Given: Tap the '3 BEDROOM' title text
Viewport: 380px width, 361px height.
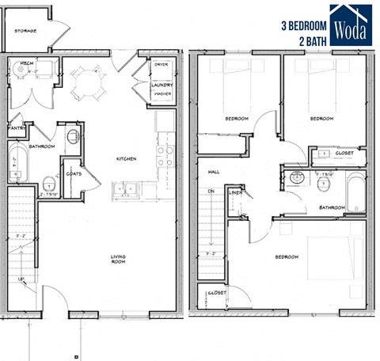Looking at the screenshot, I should pyautogui.click(x=304, y=25).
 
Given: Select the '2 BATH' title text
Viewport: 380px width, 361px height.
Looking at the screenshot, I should pyautogui.click(x=313, y=40).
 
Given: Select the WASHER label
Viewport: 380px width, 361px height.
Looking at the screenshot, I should pyautogui.click(x=163, y=92).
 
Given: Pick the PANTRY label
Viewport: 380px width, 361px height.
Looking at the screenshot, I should pyautogui.click(x=18, y=127).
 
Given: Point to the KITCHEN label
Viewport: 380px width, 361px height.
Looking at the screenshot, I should pyautogui.click(x=127, y=159).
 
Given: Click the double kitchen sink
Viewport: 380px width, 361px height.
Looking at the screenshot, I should pyautogui.click(x=125, y=189).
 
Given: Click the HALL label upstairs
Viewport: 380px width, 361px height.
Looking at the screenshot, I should pyautogui.click(x=213, y=171).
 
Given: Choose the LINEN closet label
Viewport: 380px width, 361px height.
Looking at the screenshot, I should pyautogui.click(x=234, y=192).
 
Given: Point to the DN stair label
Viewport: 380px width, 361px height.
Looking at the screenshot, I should pyautogui.click(x=210, y=192).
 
